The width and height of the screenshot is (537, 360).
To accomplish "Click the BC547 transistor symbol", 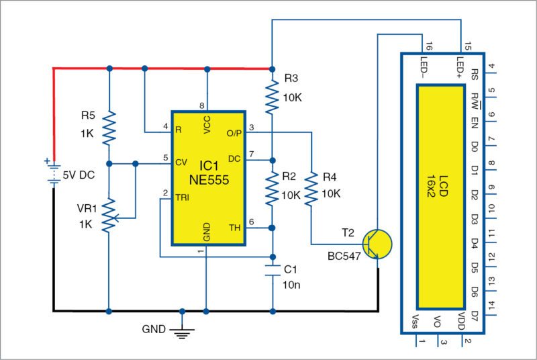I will pyautogui.click(x=375, y=243).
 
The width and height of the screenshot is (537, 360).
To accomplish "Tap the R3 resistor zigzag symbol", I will pyautogui.click(x=272, y=95).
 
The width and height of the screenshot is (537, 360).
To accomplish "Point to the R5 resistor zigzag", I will pyautogui.click(x=109, y=128).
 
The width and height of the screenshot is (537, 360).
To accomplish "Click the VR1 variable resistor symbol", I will pyautogui.click(x=109, y=215).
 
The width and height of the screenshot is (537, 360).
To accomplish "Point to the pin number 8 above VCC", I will pyautogui.click(x=201, y=105).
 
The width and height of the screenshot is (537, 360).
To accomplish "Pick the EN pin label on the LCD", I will pyautogui.click(x=474, y=122).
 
